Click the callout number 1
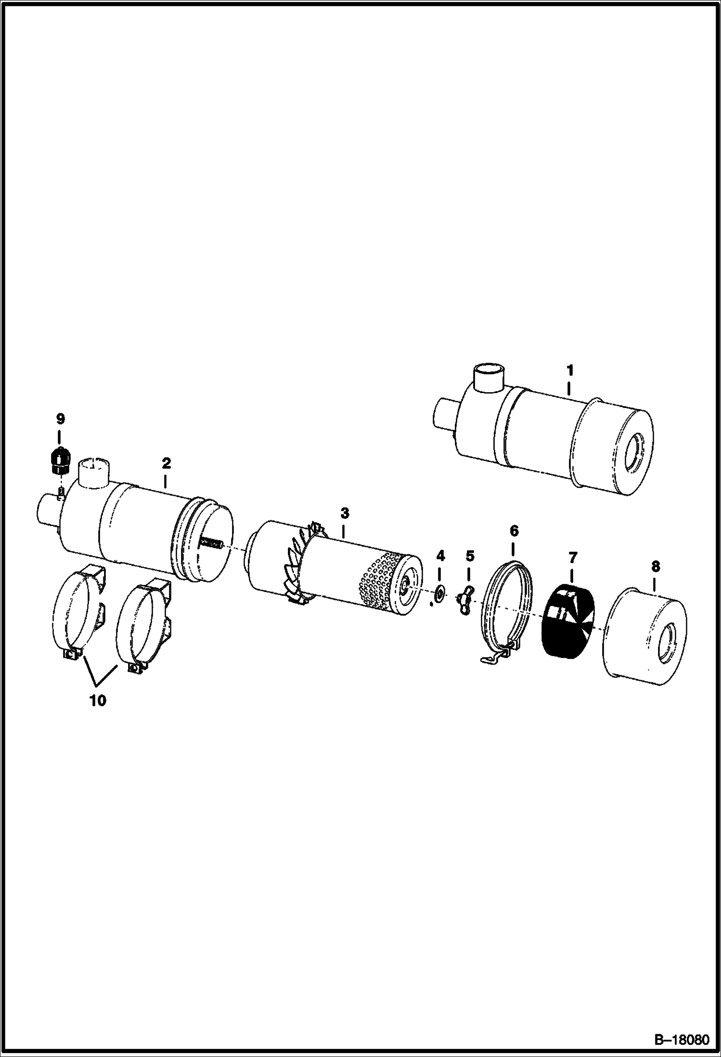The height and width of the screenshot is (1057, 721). click(569, 370)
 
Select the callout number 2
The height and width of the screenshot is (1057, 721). click(166, 463)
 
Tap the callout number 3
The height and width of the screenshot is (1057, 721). click(344, 512)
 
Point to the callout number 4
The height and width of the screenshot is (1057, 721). click(440, 556)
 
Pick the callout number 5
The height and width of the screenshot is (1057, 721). click(470, 556)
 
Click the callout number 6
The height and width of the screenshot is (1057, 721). click(514, 531)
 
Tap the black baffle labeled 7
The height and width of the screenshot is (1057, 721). click(569, 621)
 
